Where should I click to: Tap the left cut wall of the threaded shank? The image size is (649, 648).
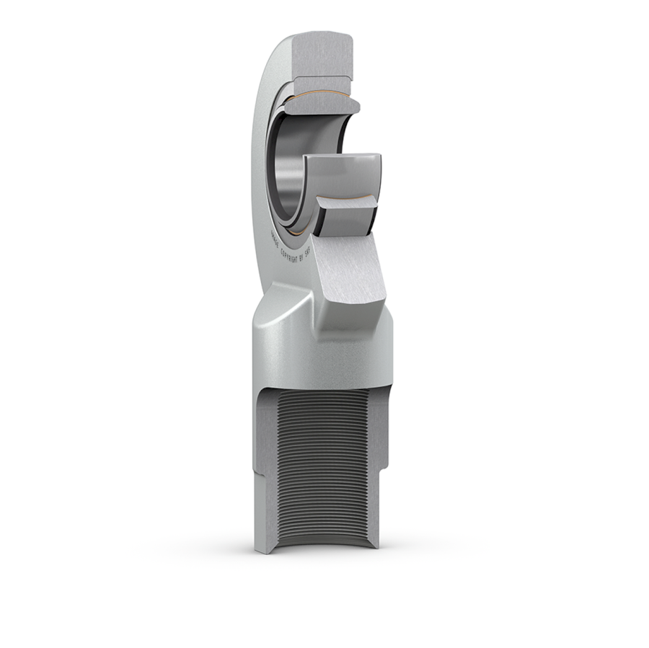[x=265, y=469]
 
